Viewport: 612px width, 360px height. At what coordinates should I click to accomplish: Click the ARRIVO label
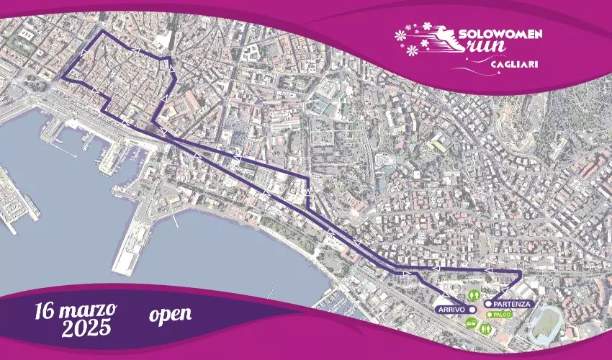point(449,308)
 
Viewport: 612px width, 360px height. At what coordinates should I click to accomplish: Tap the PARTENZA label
point(513,304)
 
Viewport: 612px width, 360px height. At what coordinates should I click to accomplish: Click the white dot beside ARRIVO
point(472,308)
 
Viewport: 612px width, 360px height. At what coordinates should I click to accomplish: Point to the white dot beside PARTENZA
point(488,304)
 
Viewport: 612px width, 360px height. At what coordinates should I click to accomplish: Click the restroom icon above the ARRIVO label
point(474,294)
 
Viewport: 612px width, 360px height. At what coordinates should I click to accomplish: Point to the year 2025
point(86,330)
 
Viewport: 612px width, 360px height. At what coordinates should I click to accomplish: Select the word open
point(171,314)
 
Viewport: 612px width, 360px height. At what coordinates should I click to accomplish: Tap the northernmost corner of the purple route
point(101,32)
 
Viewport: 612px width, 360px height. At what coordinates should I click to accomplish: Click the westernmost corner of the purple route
point(62,78)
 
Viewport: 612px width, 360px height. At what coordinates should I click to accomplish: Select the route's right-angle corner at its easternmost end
point(521,271)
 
